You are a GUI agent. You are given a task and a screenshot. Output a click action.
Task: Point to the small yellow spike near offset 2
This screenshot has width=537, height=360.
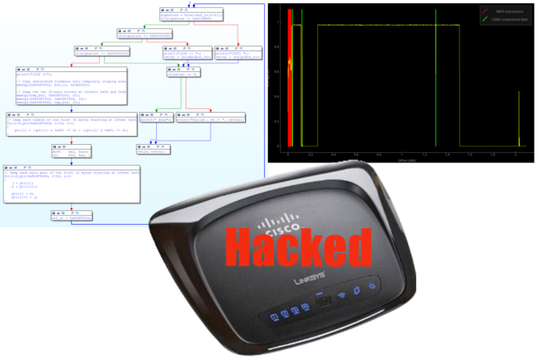[x=519, y=120]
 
